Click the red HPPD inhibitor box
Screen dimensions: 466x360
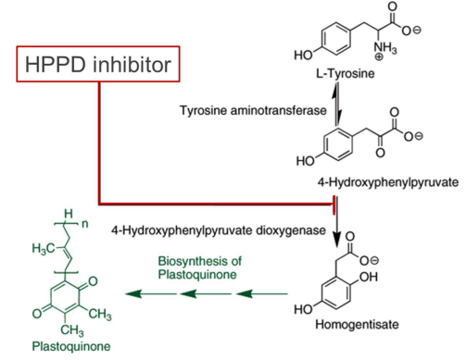pyautogui.click(x=98, y=47)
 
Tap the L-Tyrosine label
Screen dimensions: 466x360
pyautogui.click(x=345, y=73)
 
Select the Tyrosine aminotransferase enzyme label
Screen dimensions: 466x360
pyautogui.click(x=253, y=110)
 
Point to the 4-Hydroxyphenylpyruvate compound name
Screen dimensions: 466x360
pyautogui.click(x=388, y=182)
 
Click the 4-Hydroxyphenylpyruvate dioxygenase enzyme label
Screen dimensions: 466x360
pyautogui.click(x=219, y=230)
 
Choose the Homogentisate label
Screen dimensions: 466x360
pyautogui.click(x=357, y=324)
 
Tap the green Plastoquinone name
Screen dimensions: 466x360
pyautogui.click(x=71, y=346)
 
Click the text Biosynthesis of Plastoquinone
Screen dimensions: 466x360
pyautogui.click(x=200, y=267)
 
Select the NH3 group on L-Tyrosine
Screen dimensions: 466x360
pyautogui.click(x=385, y=50)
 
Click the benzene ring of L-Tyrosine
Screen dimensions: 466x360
pyautogui.click(x=336, y=40)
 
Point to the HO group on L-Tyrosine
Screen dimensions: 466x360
pyautogui.click(x=304, y=56)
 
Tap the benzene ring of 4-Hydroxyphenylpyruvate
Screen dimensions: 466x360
pyautogui.click(x=337, y=144)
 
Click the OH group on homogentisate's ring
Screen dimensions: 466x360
pyautogui.click(x=369, y=277)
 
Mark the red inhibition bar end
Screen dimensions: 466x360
pyautogui.click(x=334, y=205)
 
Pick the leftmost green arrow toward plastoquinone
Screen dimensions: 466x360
pyautogui.click(x=151, y=293)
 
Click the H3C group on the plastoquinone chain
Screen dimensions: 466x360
pyautogui.click(x=44, y=248)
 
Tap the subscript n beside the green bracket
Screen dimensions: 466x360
pyautogui.click(x=84, y=224)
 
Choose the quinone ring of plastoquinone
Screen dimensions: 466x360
pyautogui.click(x=65, y=298)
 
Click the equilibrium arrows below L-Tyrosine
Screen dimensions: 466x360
pyautogui.click(x=336, y=104)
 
